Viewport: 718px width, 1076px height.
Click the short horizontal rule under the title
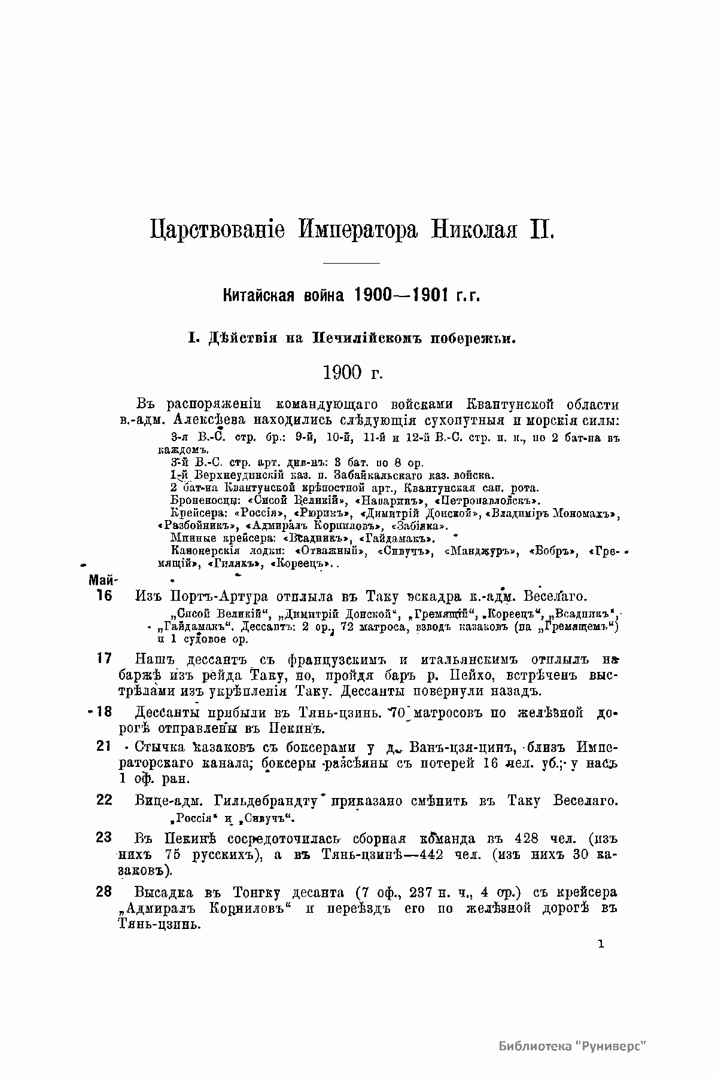coord(351,263)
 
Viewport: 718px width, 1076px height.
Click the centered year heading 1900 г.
coord(352,372)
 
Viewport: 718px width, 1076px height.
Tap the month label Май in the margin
coord(103,580)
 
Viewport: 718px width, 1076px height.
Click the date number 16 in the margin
coord(104,596)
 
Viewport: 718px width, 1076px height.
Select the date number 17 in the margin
coord(104,659)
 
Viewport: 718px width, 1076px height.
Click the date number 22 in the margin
coord(104,800)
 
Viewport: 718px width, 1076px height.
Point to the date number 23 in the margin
coord(104,837)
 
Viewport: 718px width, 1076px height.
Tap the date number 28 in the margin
coord(104,892)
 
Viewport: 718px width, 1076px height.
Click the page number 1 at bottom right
coord(601,945)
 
